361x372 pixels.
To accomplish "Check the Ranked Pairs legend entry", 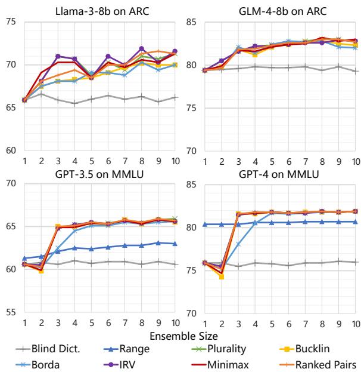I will coord(322,363).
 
